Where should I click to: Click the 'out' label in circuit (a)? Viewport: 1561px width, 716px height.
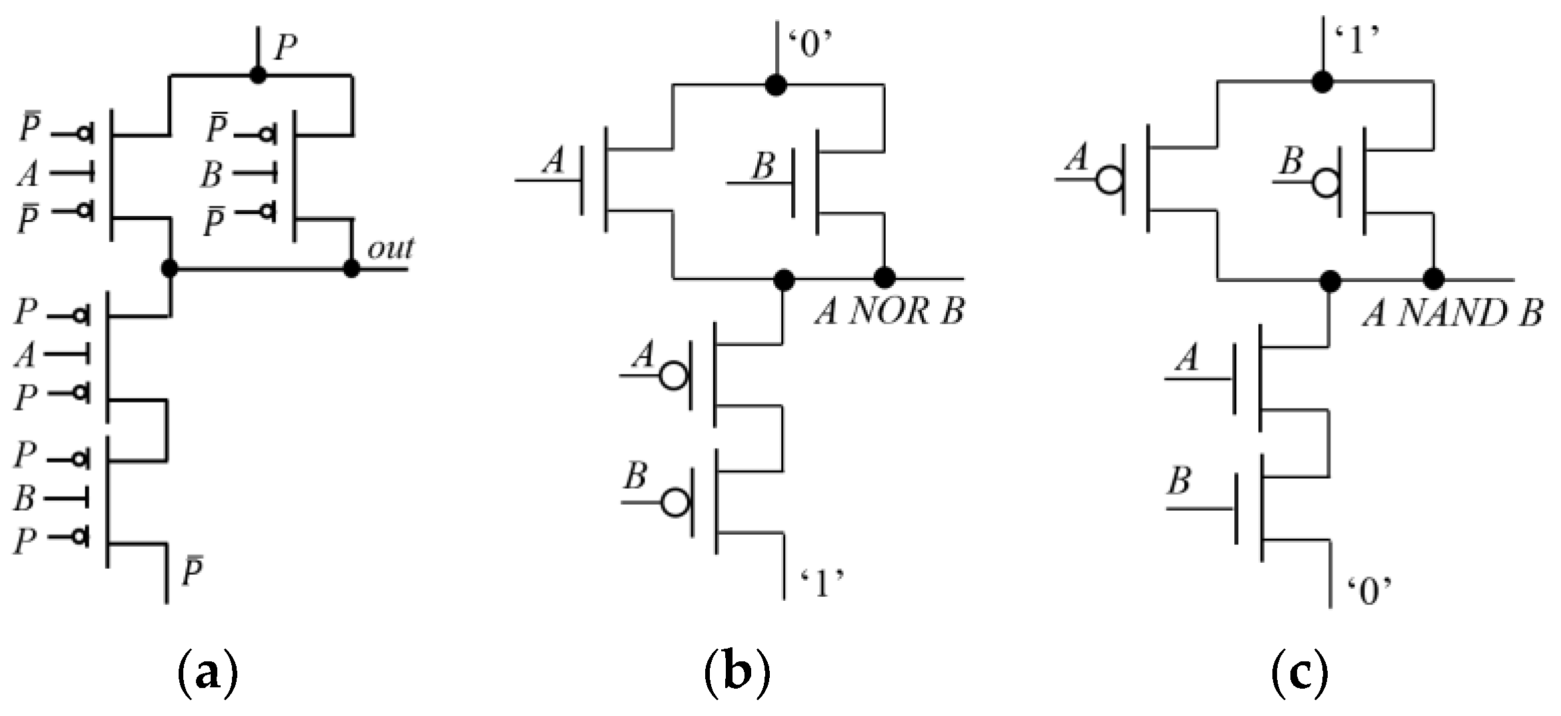391,248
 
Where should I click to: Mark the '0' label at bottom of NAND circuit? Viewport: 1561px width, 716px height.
1370,591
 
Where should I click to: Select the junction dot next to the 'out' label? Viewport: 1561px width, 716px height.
351,269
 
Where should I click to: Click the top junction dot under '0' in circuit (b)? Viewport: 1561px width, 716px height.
775,85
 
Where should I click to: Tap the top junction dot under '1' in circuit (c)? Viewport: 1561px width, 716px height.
1322,101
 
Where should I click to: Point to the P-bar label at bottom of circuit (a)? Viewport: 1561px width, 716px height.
192,572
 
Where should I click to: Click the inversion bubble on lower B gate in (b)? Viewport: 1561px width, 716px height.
675,503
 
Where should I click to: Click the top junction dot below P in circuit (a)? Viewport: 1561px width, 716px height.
258,75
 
